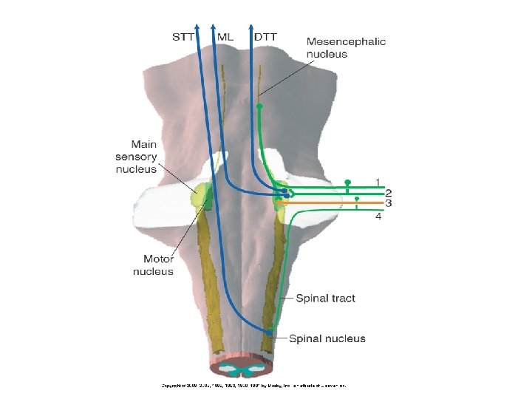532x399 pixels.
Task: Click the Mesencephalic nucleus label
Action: [x=346, y=48]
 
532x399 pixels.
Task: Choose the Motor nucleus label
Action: [x=153, y=265]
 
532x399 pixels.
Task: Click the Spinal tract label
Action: [x=325, y=299]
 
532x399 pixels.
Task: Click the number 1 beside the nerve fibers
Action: [x=378, y=181]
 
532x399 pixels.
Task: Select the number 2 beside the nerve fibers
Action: [x=388, y=192]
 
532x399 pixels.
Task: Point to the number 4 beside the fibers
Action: [x=378, y=216]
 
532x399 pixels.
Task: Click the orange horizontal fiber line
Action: [x=332, y=202]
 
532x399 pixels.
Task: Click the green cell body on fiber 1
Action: [x=348, y=182]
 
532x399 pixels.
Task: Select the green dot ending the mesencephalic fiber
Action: [x=259, y=106]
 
